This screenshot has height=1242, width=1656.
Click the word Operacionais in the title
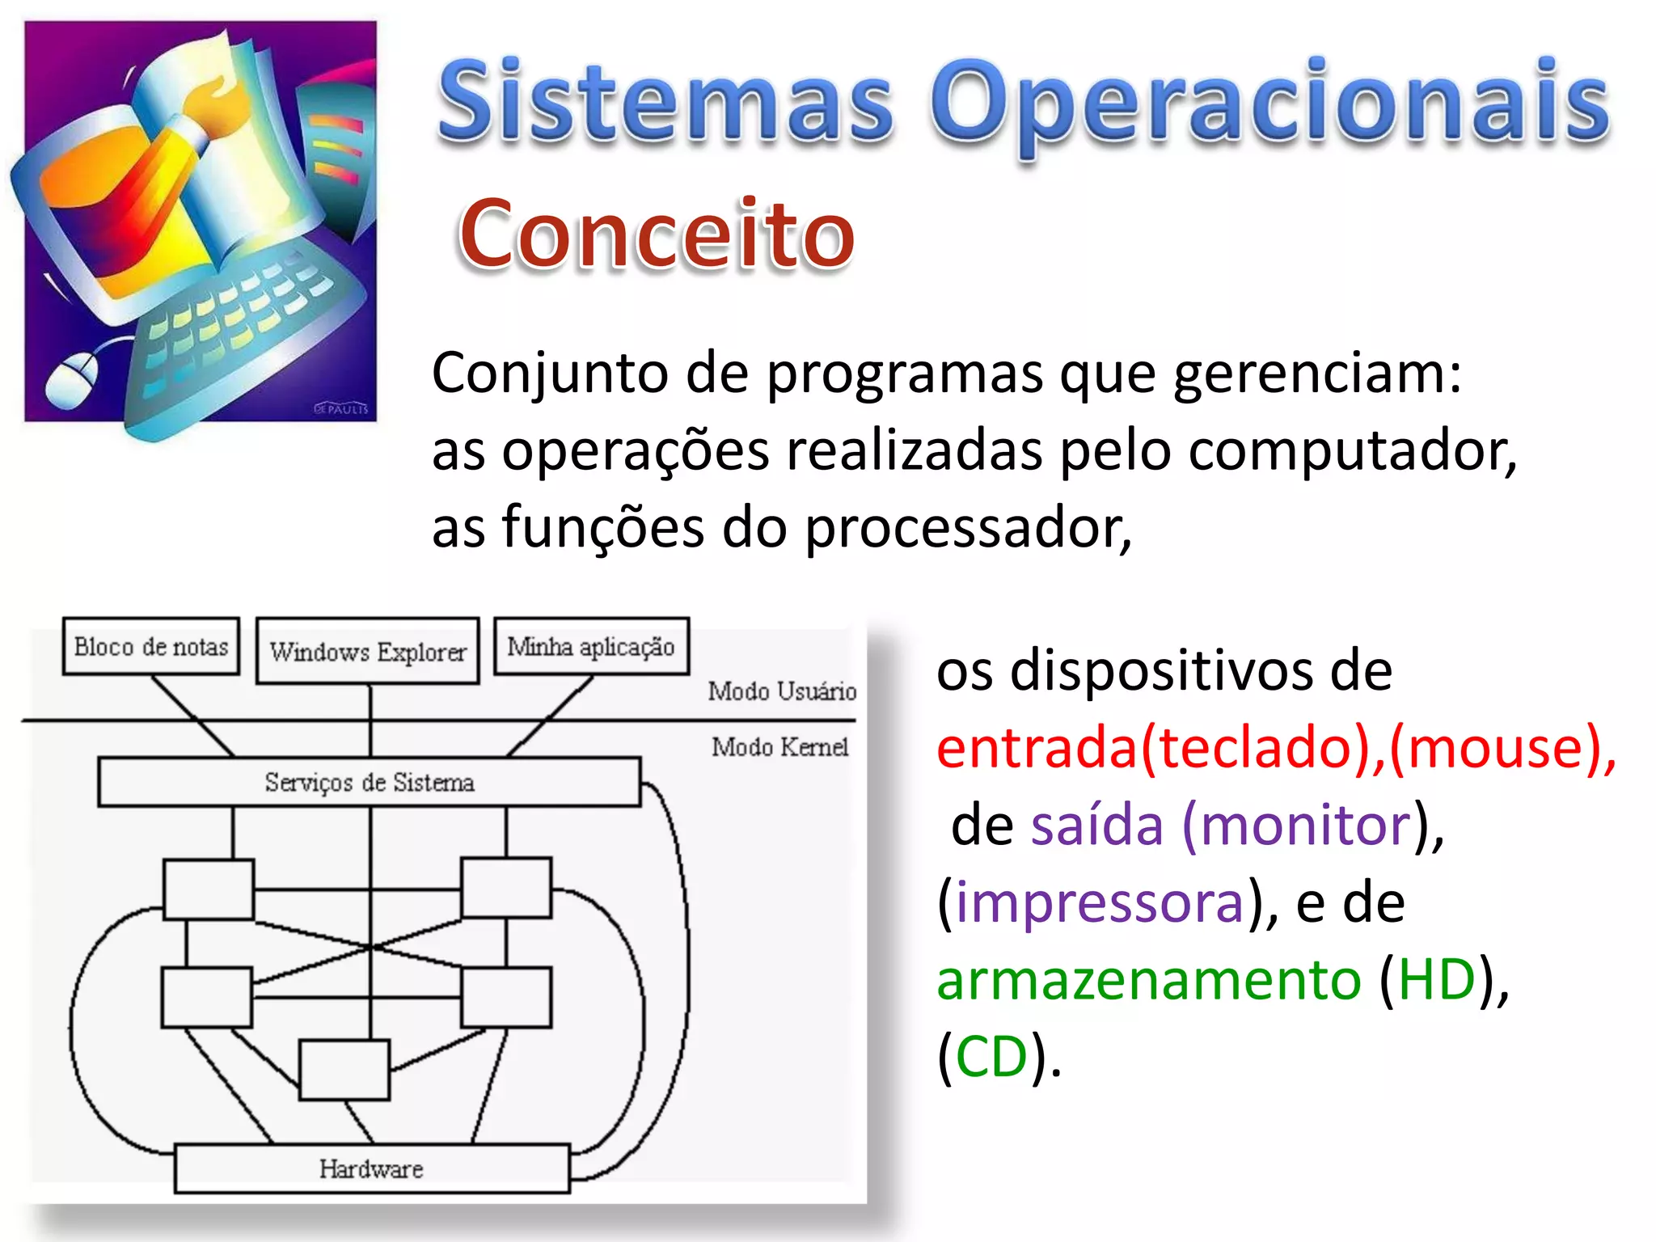(x=1269, y=105)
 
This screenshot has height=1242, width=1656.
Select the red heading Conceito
(x=657, y=234)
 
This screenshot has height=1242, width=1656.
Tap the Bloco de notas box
(x=151, y=647)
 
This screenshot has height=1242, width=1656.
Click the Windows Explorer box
(x=368, y=652)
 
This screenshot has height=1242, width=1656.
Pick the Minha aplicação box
(x=591, y=647)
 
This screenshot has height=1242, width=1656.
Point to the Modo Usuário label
(x=782, y=691)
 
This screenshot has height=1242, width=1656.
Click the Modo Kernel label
(x=779, y=747)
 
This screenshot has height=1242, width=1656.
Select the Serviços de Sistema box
(x=370, y=782)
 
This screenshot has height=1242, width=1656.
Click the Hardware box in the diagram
(x=371, y=1168)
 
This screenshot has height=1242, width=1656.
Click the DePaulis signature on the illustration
(x=340, y=409)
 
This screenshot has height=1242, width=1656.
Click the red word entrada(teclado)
(x=1152, y=747)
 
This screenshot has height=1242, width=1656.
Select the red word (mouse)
(x=1500, y=747)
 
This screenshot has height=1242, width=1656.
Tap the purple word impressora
(x=1100, y=902)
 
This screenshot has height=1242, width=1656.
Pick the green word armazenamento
(x=1149, y=980)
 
